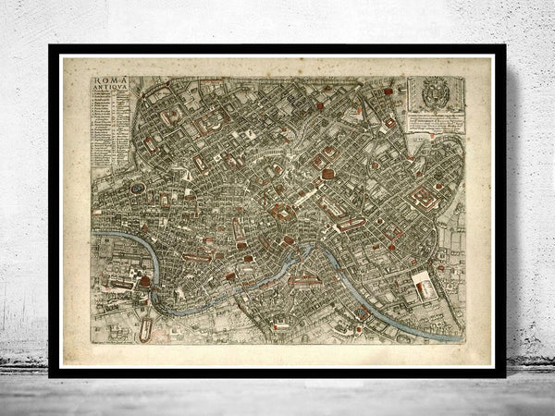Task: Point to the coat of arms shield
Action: coord(434,92)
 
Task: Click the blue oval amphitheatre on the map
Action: coord(137,189)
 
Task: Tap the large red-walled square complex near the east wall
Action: coord(425,198)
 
